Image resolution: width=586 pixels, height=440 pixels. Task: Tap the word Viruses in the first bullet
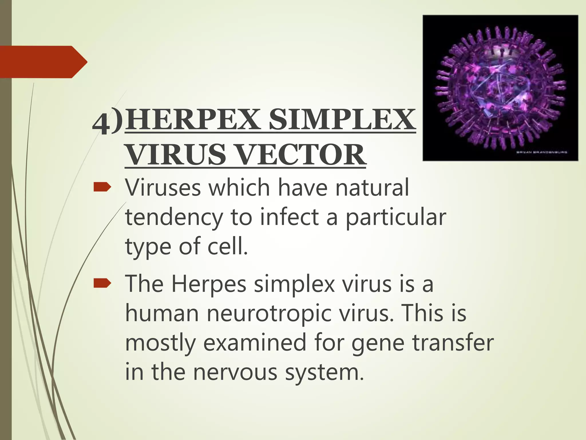(x=163, y=188)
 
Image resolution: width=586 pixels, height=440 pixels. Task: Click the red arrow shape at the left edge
(x=43, y=62)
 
